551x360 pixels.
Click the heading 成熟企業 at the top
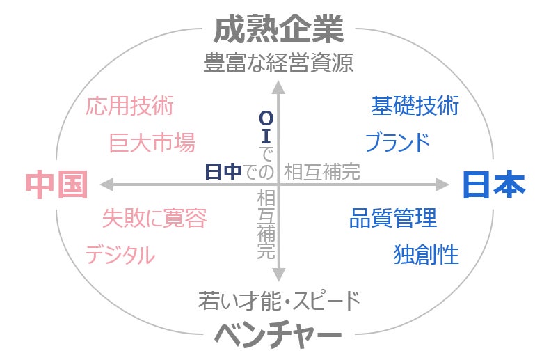pyautogui.click(x=278, y=30)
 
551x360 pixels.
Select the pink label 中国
pyautogui.click(x=56, y=185)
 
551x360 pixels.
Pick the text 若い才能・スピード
pyautogui.click(x=279, y=302)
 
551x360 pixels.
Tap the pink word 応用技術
pyautogui.click(x=129, y=107)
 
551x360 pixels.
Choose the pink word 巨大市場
pyautogui.click(x=152, y=143)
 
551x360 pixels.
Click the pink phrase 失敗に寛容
pyautogui.click(x=154, y=218)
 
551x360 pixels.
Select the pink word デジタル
pyautogui.click(x=120, y=255)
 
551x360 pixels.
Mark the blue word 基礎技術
pyautogui.click(x=415, y=107)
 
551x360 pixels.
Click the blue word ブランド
pyautogui.click(x=398, y=143)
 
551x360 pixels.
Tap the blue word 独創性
pyautogui.click(x=426, y=255)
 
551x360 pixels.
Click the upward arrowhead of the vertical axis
pyautogui.click(x=278, y=87)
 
